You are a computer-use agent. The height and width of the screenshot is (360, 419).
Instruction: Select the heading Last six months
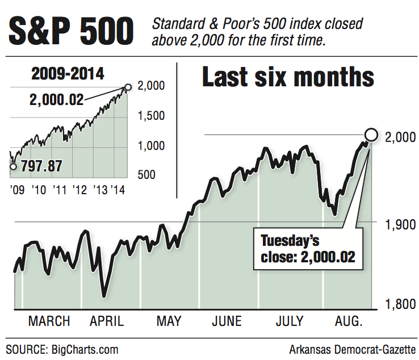coord(288,78)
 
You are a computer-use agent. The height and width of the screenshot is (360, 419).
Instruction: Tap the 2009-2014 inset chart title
coord(68,74)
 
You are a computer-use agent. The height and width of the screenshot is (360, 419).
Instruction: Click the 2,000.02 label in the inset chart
coord(56,99)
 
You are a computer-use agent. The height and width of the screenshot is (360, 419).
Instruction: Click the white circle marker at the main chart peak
coord(371,135)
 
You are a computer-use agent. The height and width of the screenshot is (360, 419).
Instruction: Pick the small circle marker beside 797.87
coord(13,166)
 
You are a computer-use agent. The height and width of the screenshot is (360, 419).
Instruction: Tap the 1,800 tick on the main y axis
coord(397,304)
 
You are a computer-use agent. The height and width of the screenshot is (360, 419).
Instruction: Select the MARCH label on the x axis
coord(49,321)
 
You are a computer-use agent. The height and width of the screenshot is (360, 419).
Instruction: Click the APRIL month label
coord(107,321)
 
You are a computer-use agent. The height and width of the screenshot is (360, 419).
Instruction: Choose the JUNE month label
coord(227,321)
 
